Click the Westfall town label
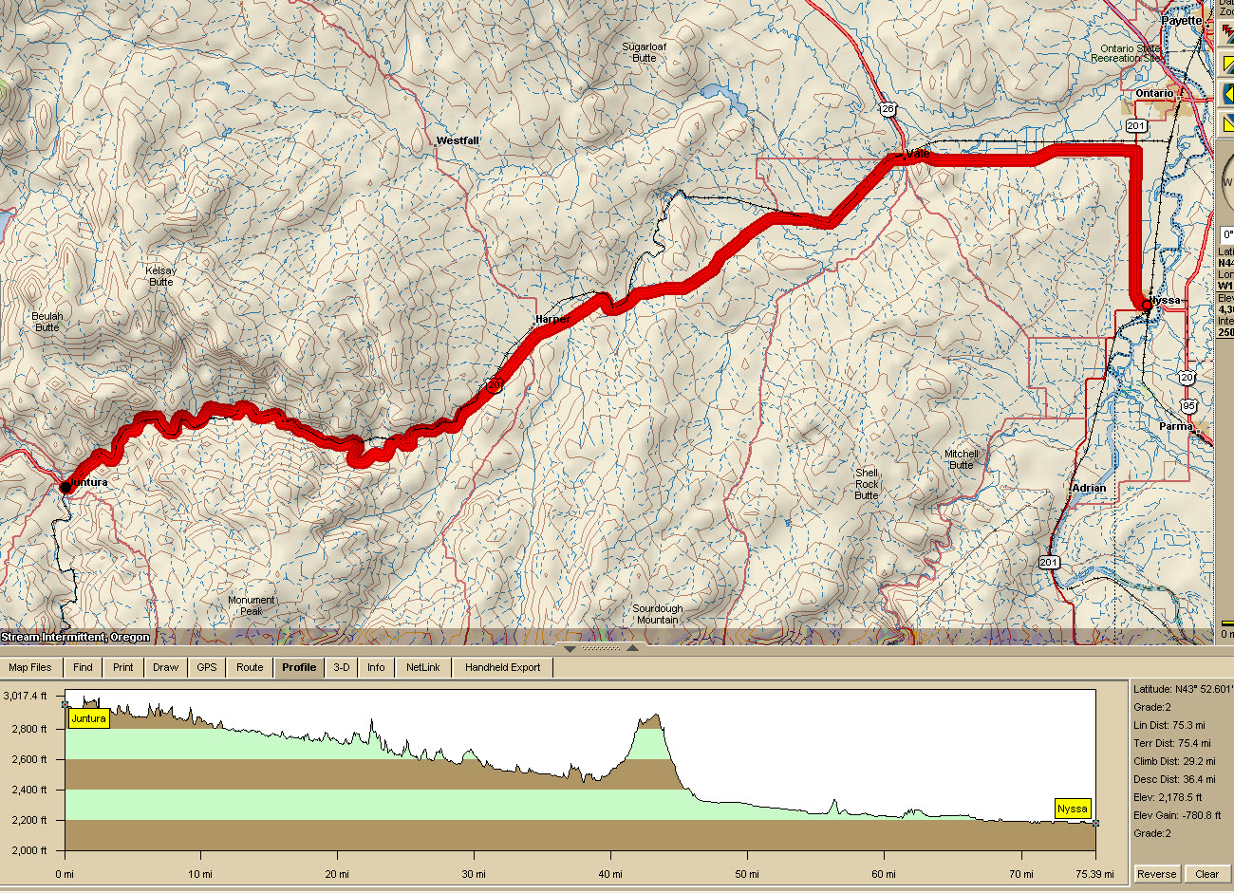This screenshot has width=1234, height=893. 458,140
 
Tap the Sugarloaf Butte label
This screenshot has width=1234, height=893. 645,52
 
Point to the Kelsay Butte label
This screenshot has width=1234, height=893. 161,276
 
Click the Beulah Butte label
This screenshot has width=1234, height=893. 47,322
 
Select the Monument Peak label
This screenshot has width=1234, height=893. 252,605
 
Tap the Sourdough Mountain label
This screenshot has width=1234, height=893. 658,614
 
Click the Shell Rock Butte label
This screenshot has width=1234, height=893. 867,484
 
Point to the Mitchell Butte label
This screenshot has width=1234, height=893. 961,459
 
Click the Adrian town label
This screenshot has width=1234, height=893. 1089,488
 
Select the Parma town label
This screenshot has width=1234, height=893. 1175,426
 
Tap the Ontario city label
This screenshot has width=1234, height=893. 1154,93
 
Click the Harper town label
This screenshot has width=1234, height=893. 552,320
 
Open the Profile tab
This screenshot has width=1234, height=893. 299,667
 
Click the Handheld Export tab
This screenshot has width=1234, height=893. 502,667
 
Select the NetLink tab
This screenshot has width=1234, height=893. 423,667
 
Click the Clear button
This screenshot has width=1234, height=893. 1206,874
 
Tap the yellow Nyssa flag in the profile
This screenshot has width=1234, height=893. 1073,809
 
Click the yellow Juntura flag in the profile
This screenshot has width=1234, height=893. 88,718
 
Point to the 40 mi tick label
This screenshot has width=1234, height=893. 610,874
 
